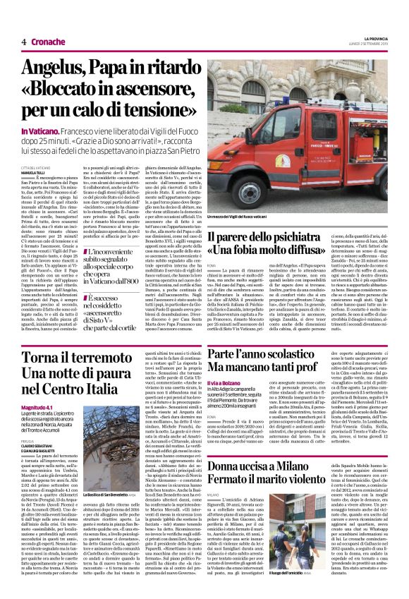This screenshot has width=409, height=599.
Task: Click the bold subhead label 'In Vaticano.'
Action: click(36, 131)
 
